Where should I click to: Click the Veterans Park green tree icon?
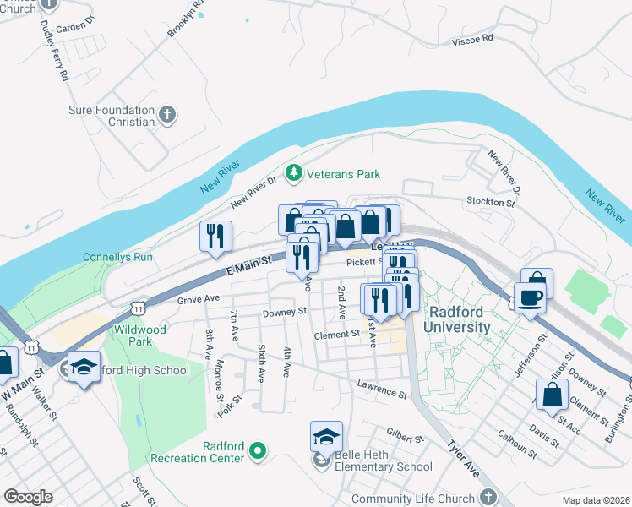[294, 174]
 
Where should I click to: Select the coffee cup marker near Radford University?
[529, 298]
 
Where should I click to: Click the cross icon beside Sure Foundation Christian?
[167, 116]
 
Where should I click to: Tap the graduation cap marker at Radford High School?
[83, 368]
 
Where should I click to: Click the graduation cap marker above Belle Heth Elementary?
[326, 437]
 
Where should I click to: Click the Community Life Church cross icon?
[488, 499]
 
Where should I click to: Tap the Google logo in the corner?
[28, 497]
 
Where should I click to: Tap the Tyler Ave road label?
[463, 458]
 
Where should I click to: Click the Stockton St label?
[491, 203]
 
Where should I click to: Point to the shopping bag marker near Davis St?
[552, 395]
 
